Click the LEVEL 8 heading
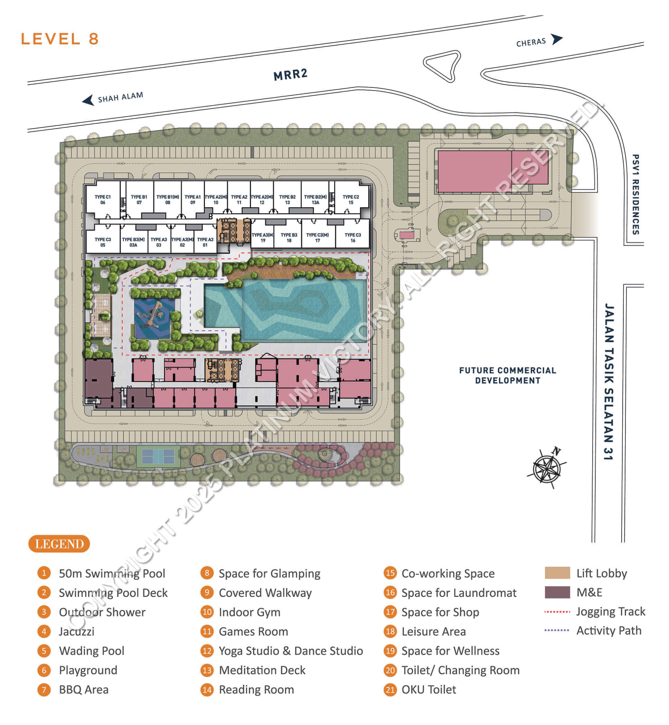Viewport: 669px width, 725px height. tap(60, 39)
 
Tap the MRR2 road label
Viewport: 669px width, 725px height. tap(290, 75)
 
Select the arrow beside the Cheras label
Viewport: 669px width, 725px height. tap(557, 39)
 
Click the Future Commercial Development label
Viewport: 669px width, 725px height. tap(508, 375)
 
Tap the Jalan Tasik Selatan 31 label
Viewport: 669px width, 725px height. tap(609, 381)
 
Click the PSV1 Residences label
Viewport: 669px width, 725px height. tap(635, 194)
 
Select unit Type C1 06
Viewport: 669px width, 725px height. tap(103, 199)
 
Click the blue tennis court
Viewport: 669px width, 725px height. tap(158, 456)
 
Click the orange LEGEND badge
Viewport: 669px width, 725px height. tap(59, 543)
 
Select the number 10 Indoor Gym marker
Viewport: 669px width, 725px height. tap(207, 612)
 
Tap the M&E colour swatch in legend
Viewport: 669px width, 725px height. tap(557, 592)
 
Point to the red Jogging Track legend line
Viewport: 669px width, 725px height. tap(557, 612)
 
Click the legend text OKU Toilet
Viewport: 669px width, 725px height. tap(429, 689)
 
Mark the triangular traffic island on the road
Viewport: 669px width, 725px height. tap(442, 66)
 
